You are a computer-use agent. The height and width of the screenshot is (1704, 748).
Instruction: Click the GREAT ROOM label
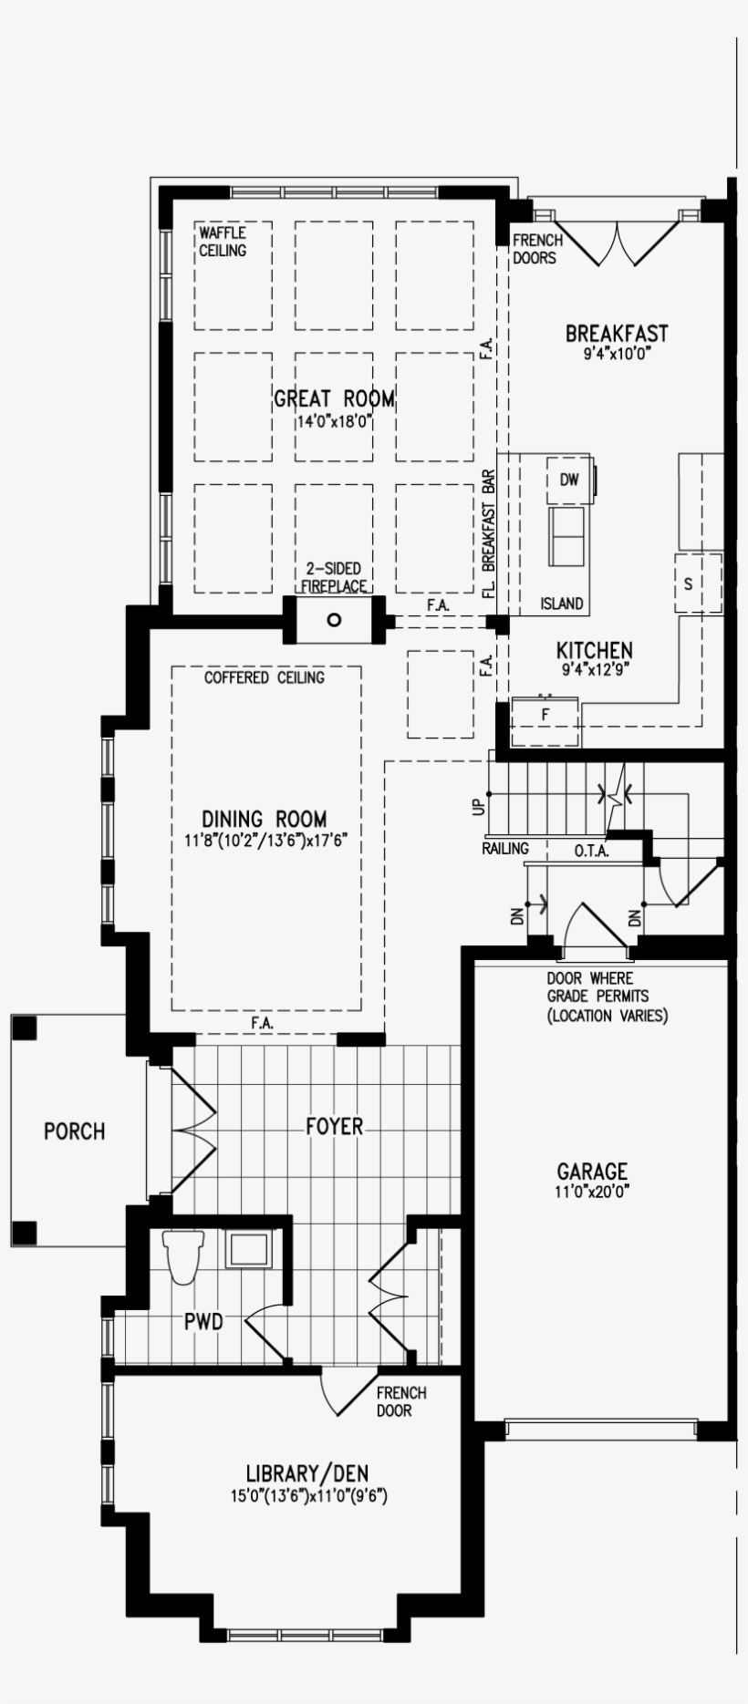tap(334, 399)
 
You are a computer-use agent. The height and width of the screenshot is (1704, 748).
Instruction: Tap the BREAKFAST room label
tap(616, 334)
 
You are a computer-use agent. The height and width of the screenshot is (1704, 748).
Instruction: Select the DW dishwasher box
tap(569, 480)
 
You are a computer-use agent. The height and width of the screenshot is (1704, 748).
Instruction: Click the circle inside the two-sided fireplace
tap(334, 620)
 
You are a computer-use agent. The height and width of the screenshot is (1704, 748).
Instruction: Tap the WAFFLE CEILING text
tap(223, 242)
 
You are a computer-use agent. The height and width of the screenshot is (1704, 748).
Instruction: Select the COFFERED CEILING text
tap(264, 677)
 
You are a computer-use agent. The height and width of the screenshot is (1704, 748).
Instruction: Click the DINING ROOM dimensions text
tap(265, 839)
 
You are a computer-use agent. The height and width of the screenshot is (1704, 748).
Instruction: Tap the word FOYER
tap(334, 1127)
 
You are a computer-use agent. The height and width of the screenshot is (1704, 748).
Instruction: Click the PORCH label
tap(74, 1131)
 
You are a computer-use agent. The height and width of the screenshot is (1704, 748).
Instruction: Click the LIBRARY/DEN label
tap(307, 1473)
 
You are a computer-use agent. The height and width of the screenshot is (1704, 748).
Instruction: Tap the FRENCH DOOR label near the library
tap(400, 1401)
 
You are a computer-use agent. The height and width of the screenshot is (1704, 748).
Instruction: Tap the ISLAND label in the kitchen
tap(561, 604)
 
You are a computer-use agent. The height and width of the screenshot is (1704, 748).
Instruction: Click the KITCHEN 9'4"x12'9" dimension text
tap(594, 668)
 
